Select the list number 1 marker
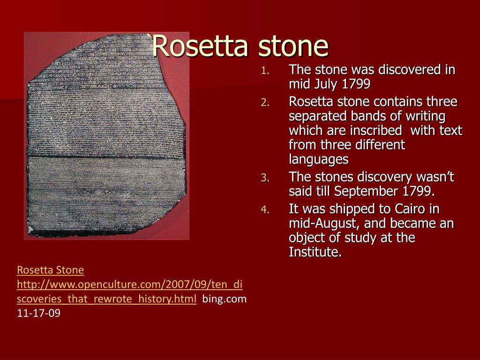[264, 71]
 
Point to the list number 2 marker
[264, 103]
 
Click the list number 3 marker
[264, 178]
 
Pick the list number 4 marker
[264, 210]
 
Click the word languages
[319, 160]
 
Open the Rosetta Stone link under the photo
[50, 270]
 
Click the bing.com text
[224, 299]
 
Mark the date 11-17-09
[38, 314]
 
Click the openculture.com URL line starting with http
[129, 285]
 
